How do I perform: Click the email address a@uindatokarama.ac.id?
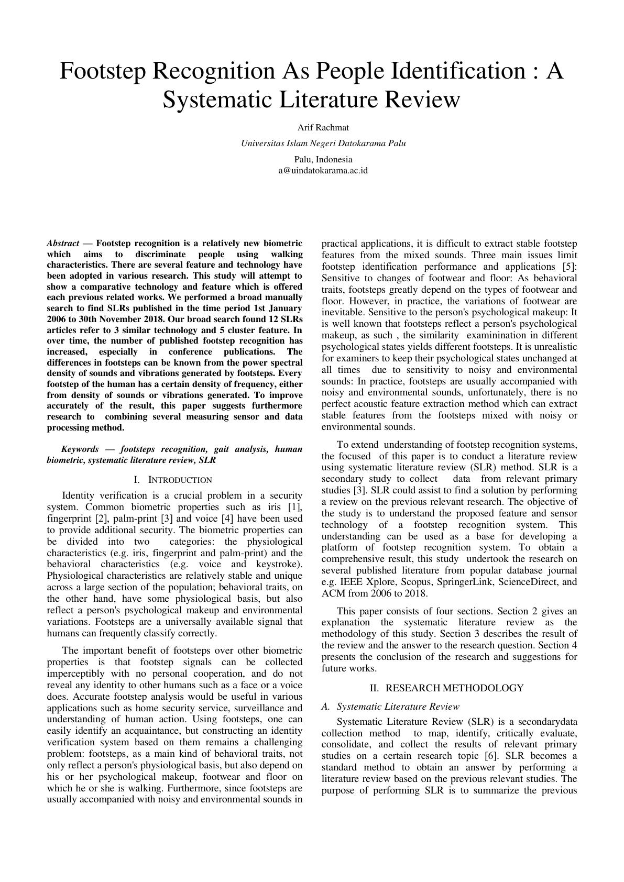click(x=323, y=170)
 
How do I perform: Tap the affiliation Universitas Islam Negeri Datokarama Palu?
click(x=323, y=143)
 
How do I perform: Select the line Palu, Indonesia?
click(x=323, y=159)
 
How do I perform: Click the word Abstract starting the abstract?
click(x=63, y=243)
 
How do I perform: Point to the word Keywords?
click(x=80, y=449)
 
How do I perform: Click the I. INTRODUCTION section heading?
click(x=173, y=480)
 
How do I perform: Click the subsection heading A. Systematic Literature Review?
click(x=391, y=706)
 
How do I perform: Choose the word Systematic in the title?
click(x=217, y=99)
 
